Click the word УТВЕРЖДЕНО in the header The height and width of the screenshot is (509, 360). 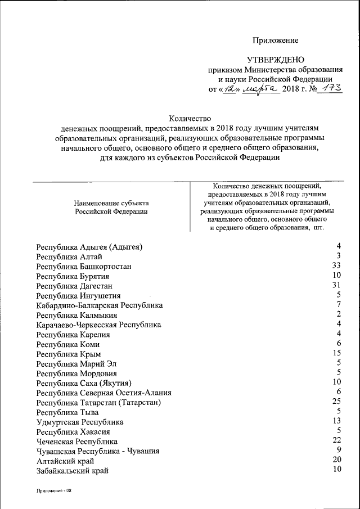[x=275, y=60]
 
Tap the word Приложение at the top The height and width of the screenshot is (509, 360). [x=275, y=40]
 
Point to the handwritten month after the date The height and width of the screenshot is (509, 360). [x=260, y=89]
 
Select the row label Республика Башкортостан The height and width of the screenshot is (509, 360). [x=84, y=267]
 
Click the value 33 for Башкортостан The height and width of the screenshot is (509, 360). [x=337, y=265]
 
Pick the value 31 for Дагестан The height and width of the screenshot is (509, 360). [x=337, y=285]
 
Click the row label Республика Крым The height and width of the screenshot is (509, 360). [x=69, y=354]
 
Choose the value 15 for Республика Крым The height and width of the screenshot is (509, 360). [x=337, y=353]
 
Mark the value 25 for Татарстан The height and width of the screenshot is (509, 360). [x=337, y=401]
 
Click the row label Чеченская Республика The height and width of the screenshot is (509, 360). [x=77, y=442]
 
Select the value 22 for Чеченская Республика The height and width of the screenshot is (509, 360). [x=337, y=440]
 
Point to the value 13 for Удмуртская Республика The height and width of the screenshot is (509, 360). [x=337, y=421]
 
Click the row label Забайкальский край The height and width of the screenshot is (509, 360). [x=72, y=471]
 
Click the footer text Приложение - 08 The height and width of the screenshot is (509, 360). [x=55, y=490]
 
